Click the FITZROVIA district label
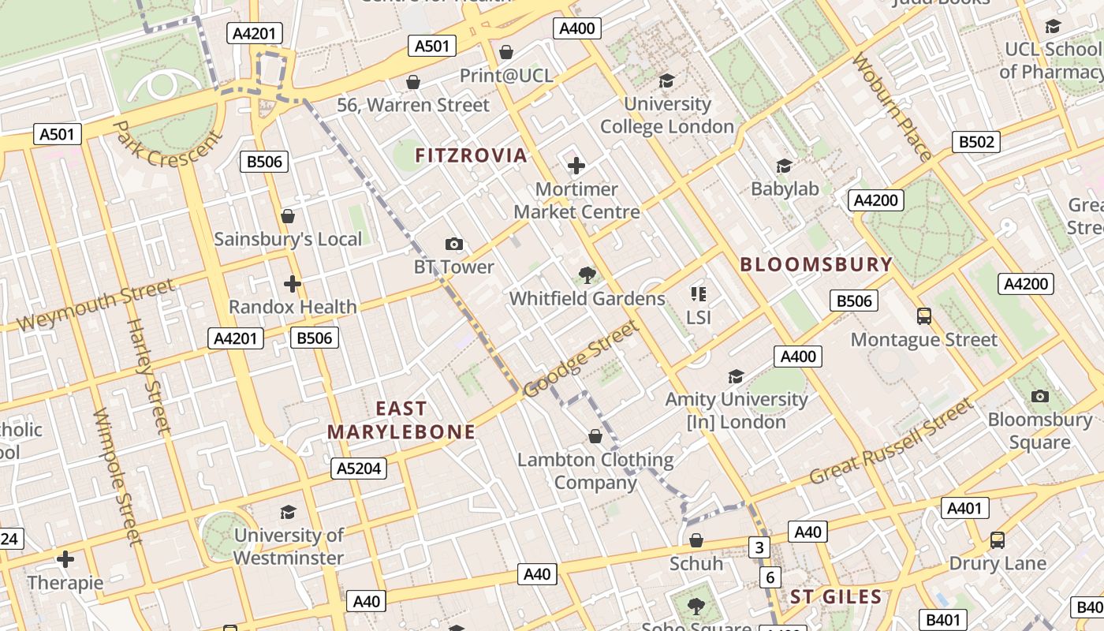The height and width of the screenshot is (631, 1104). (x=471, y=155)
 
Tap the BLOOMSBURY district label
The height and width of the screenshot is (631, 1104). (x=816, y=265)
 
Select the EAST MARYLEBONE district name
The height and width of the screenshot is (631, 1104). (x=401, y=420)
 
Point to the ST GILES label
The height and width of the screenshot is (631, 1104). (x=836, y=597)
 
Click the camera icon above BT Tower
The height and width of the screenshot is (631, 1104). (x=454, y=244)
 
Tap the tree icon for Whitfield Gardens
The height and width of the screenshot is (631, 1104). (x=587, y=275)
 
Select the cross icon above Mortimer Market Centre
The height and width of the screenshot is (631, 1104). (x=576, y=166)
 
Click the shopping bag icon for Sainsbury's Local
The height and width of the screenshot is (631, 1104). (x=288, y=216)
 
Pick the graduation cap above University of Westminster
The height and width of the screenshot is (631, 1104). (x=288, y=512)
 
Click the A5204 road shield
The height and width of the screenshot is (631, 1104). (x=359, y=469)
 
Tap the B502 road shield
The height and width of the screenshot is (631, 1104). (x=976, y=142)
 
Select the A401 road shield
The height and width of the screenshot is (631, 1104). (x=964, y=508)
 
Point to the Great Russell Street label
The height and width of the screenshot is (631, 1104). (x=891, y=442)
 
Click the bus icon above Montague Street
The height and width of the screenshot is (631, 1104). (x=924, y=316)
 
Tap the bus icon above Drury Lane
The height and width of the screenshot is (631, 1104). (x=998, y=540)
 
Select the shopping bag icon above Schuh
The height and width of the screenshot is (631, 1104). (x=696, y=540)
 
